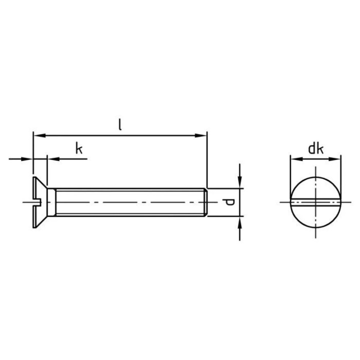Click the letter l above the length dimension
(x=120, y=124)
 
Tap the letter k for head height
(x=78, y=148)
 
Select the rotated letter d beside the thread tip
(x=229, y=202)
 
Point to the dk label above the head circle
(x=315, y=148)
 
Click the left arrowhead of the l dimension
(x=36, y=135)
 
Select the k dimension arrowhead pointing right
(x=29, y=159)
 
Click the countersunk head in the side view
(x=41, y=202)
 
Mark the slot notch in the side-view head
(x=35, y=202)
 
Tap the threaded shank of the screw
(x=125, y=202)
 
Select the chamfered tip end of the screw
(x=205, y=202)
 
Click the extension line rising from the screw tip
(x=207, y=160)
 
